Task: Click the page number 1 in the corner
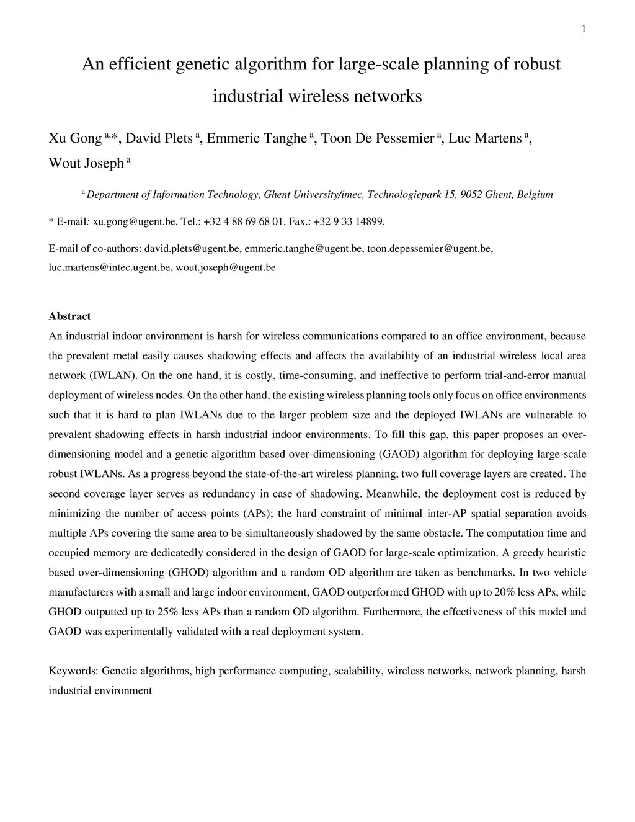tap(584, 29)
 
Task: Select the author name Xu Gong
tap(75, 138)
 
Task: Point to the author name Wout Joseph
tap(86, 163)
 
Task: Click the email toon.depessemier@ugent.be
tap(430, 248)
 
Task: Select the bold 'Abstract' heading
tap(69, 316)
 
